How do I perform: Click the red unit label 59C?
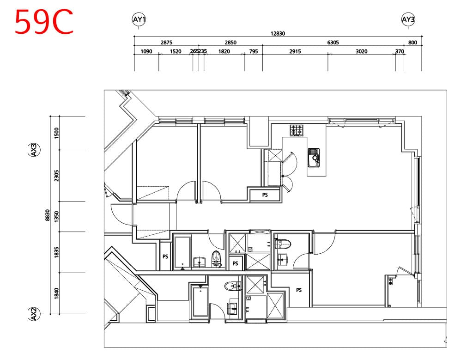[44, 22]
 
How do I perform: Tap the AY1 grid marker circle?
[139, 19]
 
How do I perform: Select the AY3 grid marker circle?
[408, 19]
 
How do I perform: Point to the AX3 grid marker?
[34, 150]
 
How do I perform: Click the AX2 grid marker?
[34, 314]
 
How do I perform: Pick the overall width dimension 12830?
[278, 33]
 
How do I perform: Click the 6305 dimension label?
[333, 43]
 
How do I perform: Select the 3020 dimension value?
[361, 51]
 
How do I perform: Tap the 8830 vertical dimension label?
[48, 215]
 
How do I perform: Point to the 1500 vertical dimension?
[56, 133]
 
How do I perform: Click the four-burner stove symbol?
[297, 130]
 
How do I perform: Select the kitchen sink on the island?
[314, 157]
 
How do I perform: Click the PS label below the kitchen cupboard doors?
[265, 195]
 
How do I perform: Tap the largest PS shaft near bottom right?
[299, 290]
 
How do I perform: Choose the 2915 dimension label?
[295, 51]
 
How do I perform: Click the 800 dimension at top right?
[412, 43]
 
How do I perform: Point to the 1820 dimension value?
[224, 51]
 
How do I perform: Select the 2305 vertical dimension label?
[56, 176]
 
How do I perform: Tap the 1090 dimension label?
[146, 51]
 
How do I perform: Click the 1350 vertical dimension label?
[56, 217]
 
